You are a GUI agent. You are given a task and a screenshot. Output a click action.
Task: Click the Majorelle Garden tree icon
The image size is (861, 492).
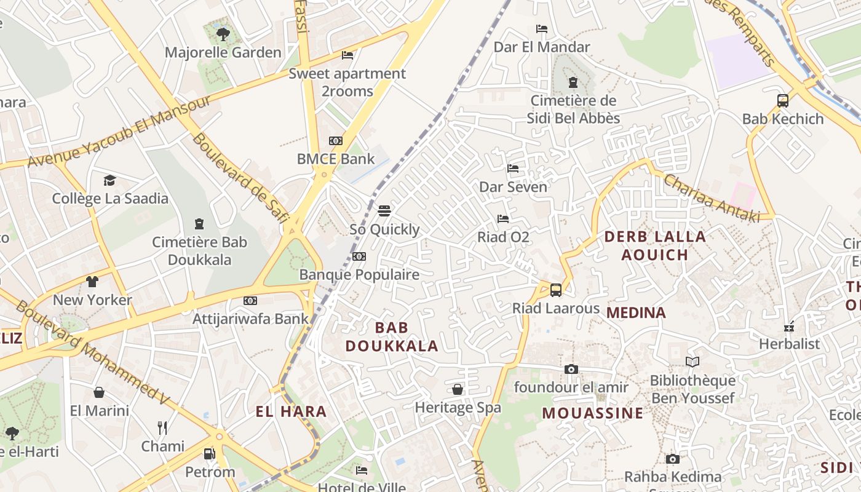pyautogui.click(x=223, y=34)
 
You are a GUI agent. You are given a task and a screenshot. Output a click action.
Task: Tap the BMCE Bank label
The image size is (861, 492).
pyautogui.click(x=336, y=159)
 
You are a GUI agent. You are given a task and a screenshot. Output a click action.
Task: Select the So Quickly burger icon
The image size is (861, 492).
pyautogui.click(x=384, y=211)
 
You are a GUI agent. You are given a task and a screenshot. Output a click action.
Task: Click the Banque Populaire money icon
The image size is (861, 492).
pyautogui.click(x=359, y=256)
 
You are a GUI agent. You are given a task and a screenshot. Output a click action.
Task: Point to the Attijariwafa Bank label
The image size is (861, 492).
pyautogui.click(x=250, y=319)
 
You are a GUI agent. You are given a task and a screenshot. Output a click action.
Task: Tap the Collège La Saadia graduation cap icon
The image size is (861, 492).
pyautogui.click(x=109, y=180)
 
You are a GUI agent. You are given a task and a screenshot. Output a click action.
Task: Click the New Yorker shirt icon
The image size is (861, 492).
pyautogui.click(x=92, y=282)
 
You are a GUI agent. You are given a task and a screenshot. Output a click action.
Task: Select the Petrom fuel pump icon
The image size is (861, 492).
pyautogui.click(x=210, y=454)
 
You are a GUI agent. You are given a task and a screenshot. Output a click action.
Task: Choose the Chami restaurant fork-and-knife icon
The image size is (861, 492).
pyautogui.click(x=162, y=428)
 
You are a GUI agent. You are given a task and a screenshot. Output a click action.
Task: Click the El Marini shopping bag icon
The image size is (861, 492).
pyautogui.click(x=99, y=392)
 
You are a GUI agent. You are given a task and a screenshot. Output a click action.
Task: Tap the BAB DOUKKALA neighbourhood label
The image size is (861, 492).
pyautogui.click(x=392, y=336)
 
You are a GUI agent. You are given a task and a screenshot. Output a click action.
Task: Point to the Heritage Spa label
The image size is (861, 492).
pyautogui.click(x=458, y=407)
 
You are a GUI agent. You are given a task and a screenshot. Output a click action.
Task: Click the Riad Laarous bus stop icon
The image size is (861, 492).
pyautogui.click(x=556, y=290)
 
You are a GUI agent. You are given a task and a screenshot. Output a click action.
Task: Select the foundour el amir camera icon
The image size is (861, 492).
pyautogui.click(x=571, y=369)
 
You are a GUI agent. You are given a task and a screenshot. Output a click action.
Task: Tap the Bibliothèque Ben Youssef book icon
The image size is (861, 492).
pyautogui.click(x=692, y=362)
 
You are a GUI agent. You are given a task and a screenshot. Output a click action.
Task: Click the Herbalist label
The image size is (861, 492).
pyautogui.click(x=789, y=344)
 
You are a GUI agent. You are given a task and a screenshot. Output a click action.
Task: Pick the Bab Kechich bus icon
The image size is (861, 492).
pyautogui.click(x=783, y=101)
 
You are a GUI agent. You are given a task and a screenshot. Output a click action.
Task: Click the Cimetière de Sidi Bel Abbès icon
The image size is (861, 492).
pyautogui.click(x=573, y=82)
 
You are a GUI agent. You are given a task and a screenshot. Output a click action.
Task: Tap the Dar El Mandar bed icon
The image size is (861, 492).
pyautogui.click(x=542, y=29)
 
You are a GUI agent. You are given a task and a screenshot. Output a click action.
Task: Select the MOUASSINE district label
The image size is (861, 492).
pyautogui.click(x=592, y=413)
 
